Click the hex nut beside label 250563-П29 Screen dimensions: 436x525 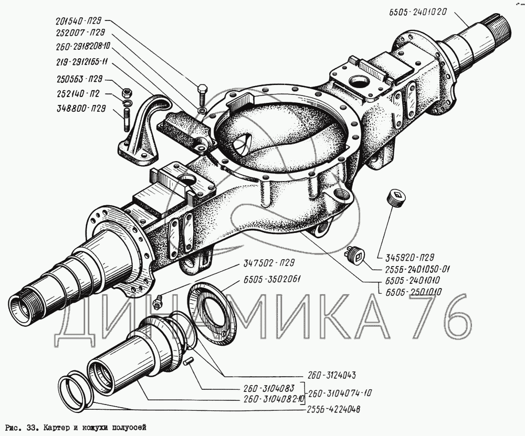click(126, 93)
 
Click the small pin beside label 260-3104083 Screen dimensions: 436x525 click(190, 361)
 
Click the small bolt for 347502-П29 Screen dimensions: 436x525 click(157, 303)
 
